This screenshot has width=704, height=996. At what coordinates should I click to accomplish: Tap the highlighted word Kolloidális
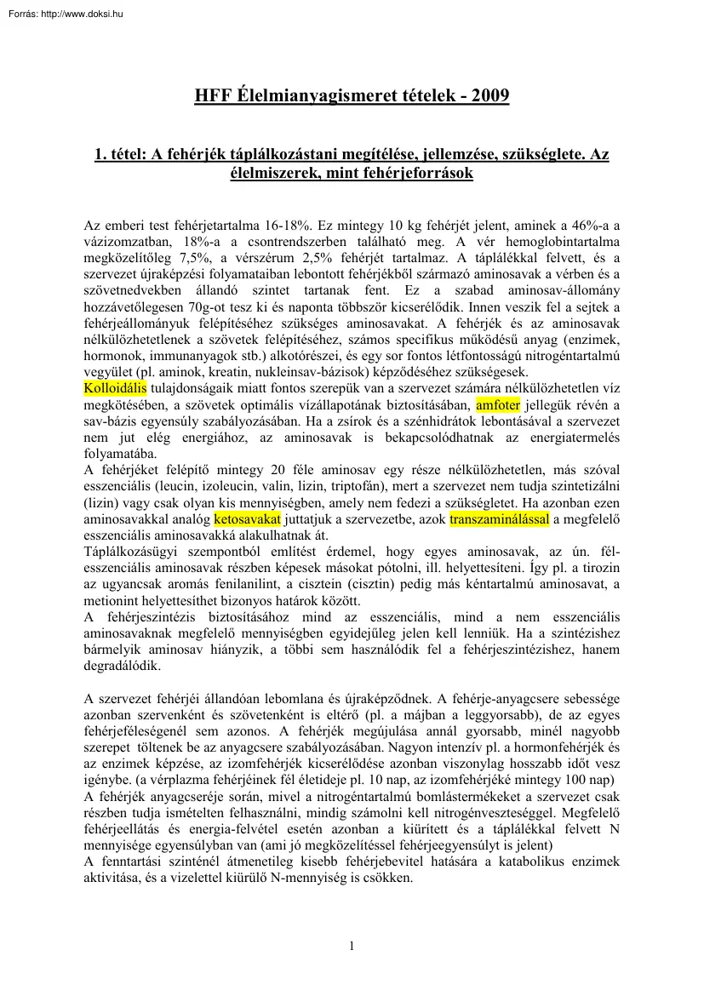(116, 388)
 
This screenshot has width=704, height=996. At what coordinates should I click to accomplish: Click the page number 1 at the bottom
(352, 946)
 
